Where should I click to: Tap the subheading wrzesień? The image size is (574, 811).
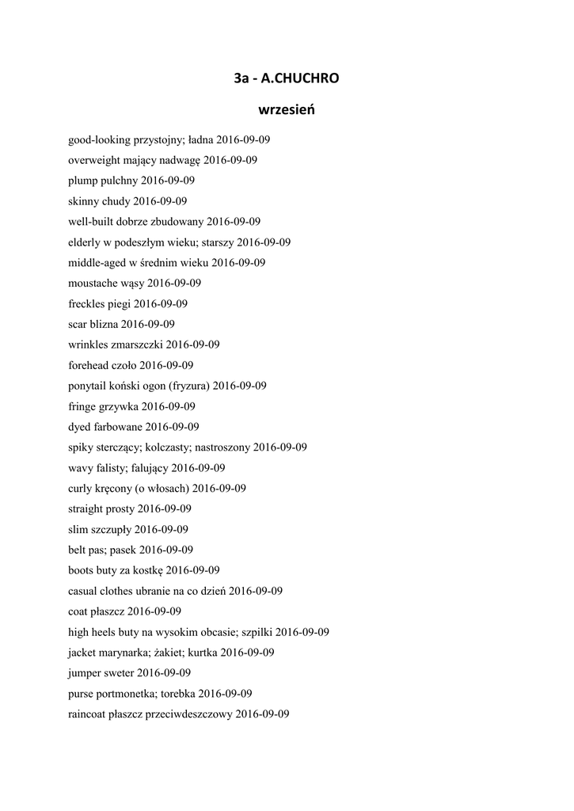pyautogui.click(x=287, y=109)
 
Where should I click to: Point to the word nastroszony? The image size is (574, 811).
pyautogui.click(x=222, y=447)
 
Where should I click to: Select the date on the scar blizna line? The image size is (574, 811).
pyautogui.click(x=148, y=324)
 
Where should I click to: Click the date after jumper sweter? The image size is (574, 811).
pyautogui.click(x=164, y=673)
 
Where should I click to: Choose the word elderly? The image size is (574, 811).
pyautogui.click(x=86, y=242)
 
